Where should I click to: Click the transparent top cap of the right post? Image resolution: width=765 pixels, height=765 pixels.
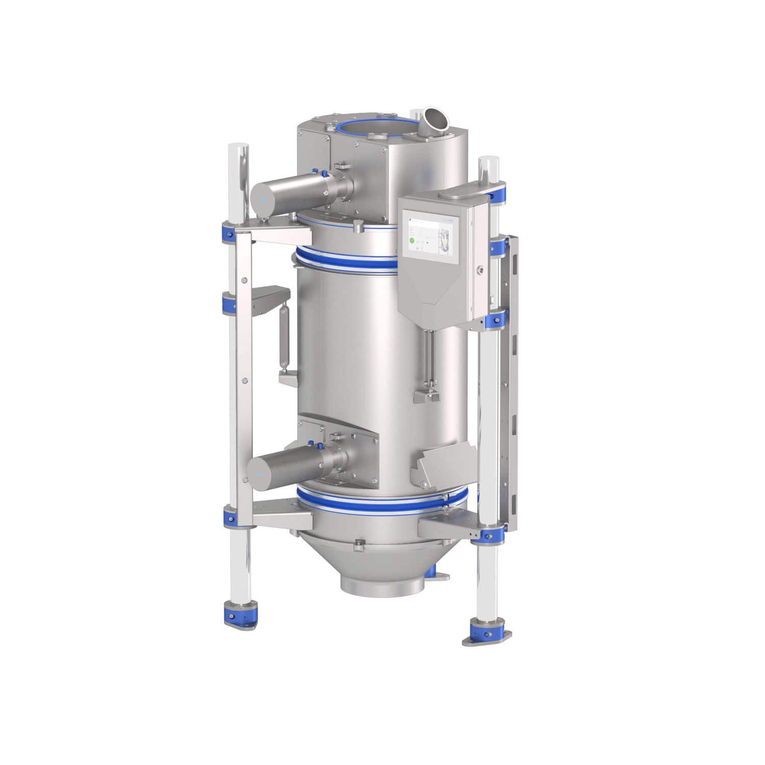pyautogui.click(x=488, y=165)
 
